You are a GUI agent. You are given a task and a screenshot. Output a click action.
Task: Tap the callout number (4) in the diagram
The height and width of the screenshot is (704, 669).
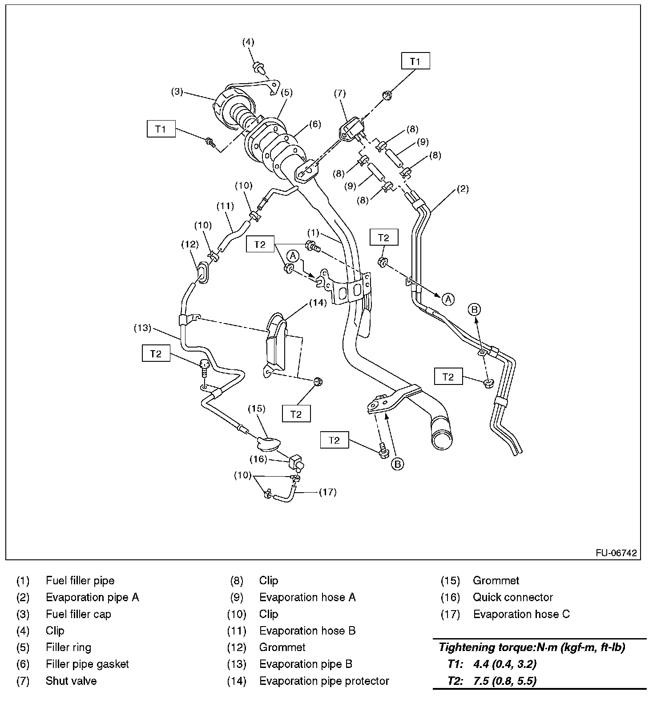point(248,42)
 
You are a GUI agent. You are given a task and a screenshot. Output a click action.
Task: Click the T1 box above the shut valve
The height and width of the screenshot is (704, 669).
point(415,61)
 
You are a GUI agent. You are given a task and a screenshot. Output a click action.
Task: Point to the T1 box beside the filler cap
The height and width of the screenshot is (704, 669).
point(161,129)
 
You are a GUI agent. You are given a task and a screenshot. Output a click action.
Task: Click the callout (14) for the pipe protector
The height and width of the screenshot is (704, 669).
point(318,303)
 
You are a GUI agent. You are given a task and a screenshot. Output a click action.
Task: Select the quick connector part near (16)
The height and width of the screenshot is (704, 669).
point(296,463)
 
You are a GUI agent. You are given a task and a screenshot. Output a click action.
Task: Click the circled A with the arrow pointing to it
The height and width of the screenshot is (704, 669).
point(448,299)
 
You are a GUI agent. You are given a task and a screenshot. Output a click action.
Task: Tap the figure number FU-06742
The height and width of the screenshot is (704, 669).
point(616,553)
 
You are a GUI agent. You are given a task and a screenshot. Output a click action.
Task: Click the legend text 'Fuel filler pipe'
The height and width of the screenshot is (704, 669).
point(80,581)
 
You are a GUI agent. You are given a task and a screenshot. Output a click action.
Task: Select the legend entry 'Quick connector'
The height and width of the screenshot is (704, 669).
point(512,597)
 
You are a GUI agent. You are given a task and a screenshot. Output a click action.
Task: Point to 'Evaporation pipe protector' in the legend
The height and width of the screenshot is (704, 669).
point(324,681)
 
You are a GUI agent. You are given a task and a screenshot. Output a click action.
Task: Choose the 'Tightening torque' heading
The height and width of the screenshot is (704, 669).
point(532,647)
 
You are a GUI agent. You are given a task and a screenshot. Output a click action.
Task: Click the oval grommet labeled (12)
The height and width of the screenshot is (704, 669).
point(202,272)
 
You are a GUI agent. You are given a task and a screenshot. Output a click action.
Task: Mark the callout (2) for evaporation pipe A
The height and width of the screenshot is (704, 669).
point(463,189)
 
